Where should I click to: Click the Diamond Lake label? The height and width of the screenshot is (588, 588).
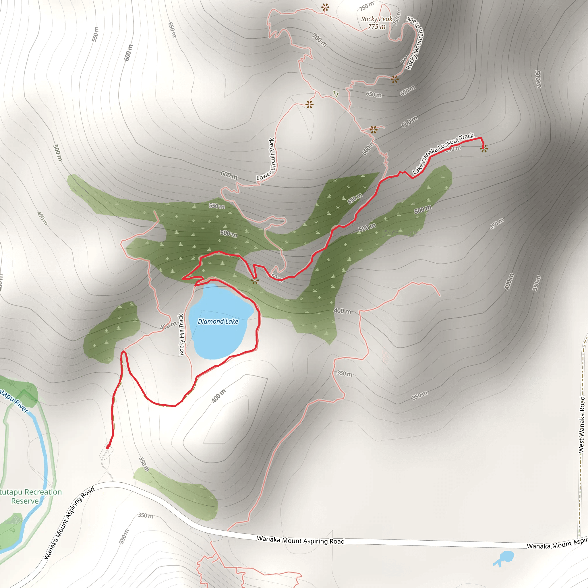(x=218, y=321)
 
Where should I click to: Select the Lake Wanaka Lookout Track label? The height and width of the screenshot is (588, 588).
(x=443, y=154)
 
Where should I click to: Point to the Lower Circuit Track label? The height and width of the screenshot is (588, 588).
(x=267, y=159)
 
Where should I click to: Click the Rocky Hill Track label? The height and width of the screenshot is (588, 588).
(x=181, y=335)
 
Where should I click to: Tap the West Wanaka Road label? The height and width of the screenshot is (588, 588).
(x=582, y=424)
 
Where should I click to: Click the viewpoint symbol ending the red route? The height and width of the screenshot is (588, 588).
(x=483, y=148)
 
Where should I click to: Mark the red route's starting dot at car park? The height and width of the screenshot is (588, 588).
(x=107, y=447)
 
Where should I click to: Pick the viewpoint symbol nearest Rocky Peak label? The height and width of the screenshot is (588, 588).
(x=325, y=7)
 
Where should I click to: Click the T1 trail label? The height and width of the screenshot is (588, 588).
(x=335, y=94)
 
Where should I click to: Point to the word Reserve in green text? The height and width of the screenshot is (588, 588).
(x=25, y=501)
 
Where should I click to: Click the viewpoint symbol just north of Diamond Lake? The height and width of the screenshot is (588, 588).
(x=255, y=281)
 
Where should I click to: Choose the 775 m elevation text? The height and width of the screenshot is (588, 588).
(x=376, y=27)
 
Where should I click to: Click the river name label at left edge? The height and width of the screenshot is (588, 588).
(x=14, y=400)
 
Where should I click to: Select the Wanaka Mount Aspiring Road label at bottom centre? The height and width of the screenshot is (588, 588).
(x=301, y=540)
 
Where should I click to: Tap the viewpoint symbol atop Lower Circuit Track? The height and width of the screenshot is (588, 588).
(x=309, y=105)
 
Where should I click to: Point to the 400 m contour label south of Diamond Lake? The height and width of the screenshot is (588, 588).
(x=219, y=395)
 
